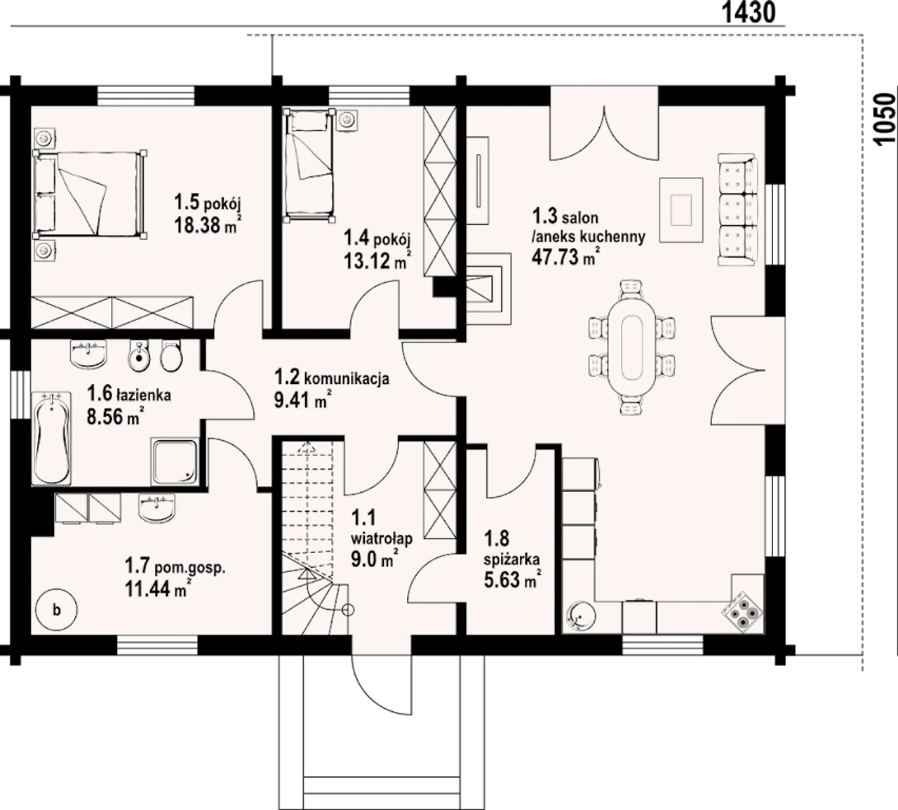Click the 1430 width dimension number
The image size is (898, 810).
[x=749, y=13]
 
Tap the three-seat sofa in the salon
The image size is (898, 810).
[x=738, y=210]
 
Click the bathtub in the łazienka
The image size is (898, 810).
[x=51, y=438]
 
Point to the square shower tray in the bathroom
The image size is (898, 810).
[x=174, y=462]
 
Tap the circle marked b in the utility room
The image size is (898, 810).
[x=56, y=610]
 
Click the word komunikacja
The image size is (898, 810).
[x=347, y=378]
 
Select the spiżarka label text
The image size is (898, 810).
[x=511, y=559]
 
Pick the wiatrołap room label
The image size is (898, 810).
[x=382, y=538]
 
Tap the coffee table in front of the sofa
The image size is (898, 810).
[x=680, y=210]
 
